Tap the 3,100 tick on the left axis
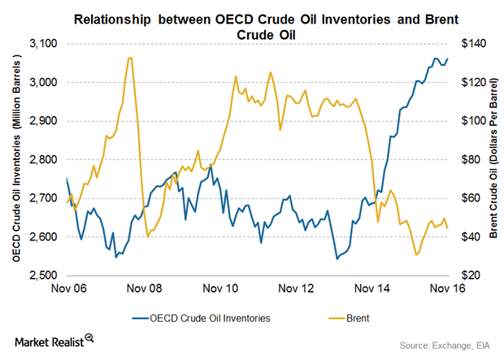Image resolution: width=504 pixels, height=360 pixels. [x=46, y=43]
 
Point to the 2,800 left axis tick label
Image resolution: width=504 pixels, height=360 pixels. [x=46, y=159]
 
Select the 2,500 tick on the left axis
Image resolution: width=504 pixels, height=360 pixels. [x=46, y=275]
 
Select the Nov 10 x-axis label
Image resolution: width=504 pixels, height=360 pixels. [x=219, y=288]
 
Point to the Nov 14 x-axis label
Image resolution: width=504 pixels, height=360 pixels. [x=370, y=288]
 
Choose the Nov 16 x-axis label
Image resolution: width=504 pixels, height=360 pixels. [x=445, y=288]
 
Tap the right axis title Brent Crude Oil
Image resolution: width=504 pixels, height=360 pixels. [x=493, y=159]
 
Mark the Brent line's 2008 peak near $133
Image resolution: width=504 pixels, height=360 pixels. [x=130, y=58]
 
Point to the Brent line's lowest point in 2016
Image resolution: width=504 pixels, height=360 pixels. [x=417, y=254]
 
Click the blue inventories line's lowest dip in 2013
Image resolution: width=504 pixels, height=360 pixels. [x=337, y=259]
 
